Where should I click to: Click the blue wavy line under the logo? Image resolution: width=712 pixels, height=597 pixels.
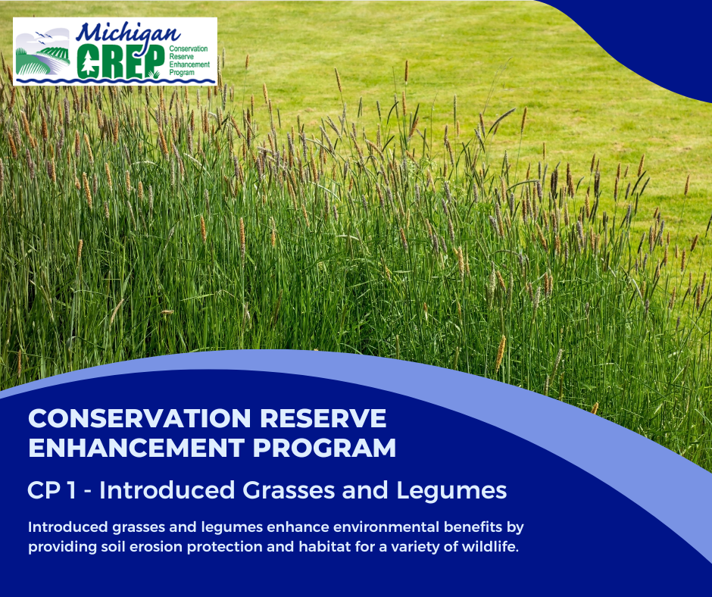pos(114,80)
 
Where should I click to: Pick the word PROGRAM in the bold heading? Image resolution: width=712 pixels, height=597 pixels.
pos(325,448)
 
